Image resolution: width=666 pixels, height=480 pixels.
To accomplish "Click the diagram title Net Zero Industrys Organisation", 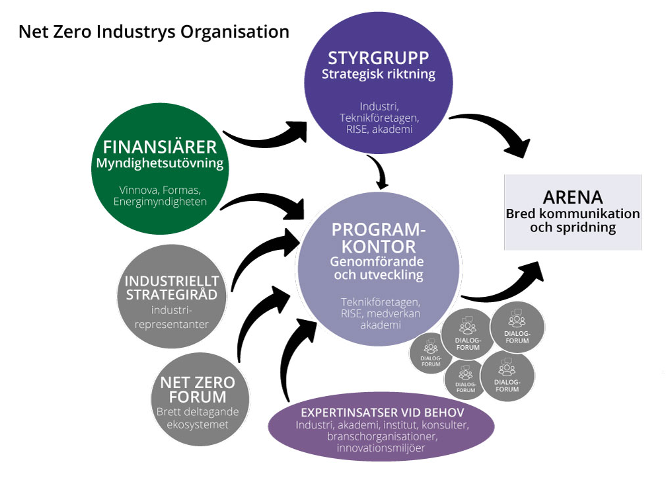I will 153,31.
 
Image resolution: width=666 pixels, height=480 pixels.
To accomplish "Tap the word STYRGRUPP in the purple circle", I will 379,57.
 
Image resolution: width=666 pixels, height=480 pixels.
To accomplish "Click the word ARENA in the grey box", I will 572,198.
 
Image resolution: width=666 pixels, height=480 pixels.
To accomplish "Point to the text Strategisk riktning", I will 379,73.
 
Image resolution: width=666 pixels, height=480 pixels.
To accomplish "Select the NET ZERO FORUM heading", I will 198,389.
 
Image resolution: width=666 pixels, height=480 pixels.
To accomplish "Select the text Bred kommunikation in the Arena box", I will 572,214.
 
